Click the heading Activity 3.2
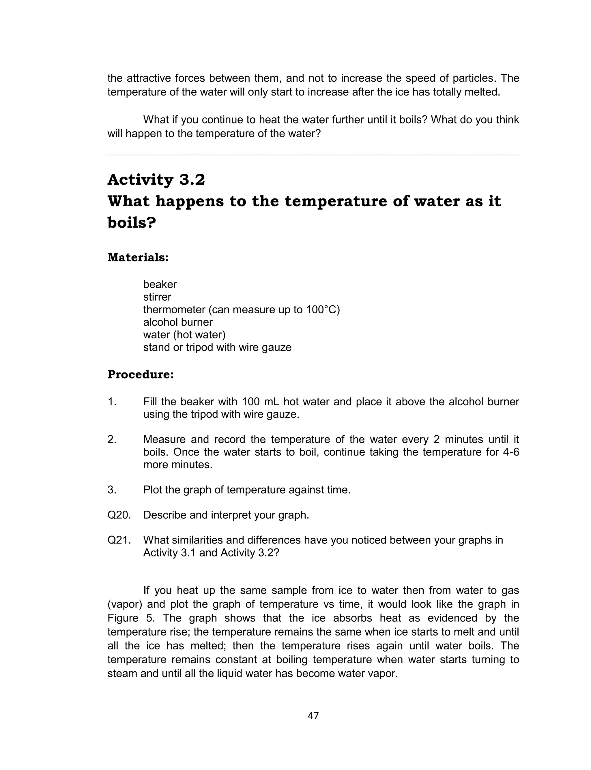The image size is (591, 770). click(156, 180)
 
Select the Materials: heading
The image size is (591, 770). click(138, 257)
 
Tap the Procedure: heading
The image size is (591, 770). click(140, 374)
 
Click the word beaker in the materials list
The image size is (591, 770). click(160, 284)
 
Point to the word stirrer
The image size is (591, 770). click(157, 297)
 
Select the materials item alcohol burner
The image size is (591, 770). click(178, 322)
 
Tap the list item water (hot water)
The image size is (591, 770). click(184, 335)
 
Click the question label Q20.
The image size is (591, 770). click(119, 515)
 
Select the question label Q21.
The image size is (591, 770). click(119, 540)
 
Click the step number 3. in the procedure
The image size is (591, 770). click(112, 490)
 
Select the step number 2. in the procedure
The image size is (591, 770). click(112, 439)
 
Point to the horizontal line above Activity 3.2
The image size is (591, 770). click(313, 155)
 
